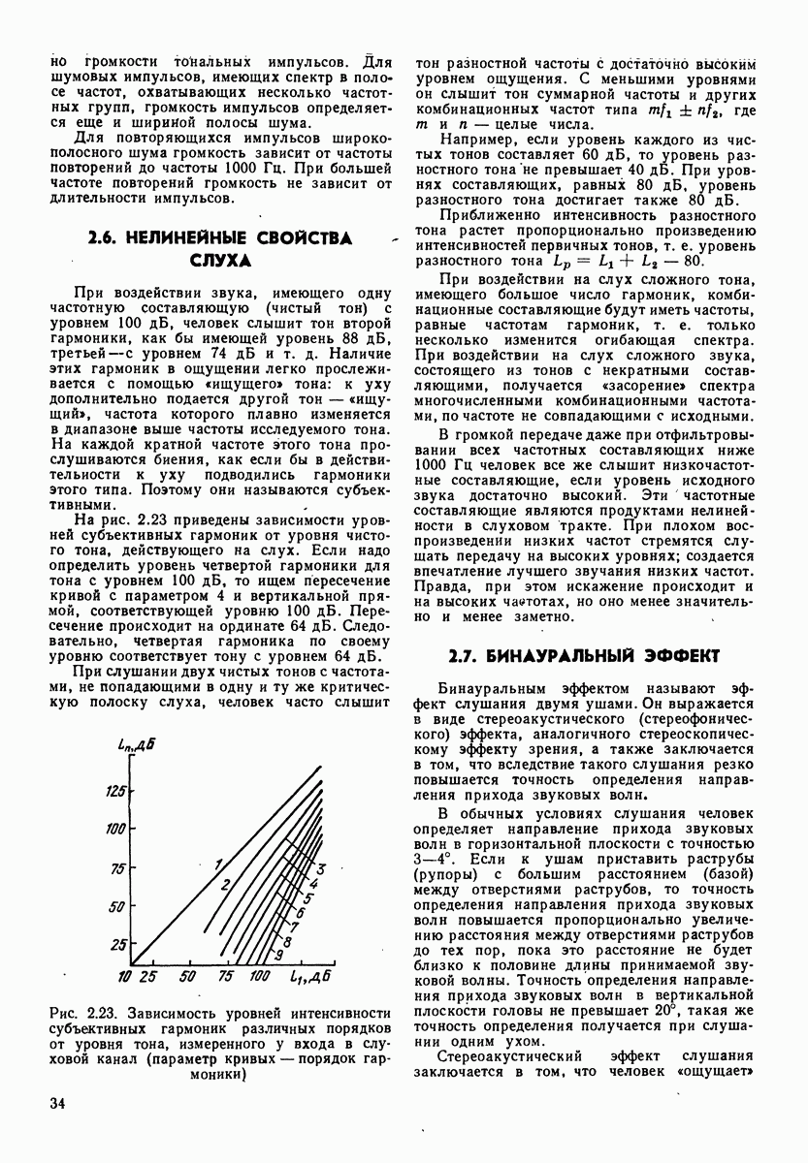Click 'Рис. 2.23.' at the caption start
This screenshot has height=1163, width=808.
pyautogui.click(x=80, y=1013)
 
